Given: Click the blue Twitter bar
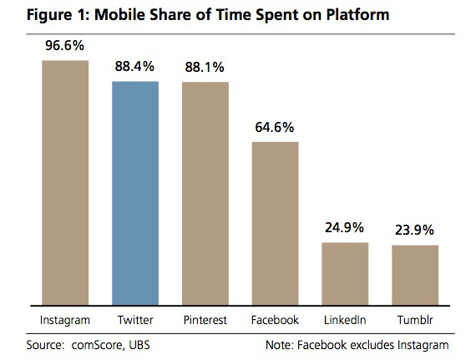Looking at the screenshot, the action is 135,193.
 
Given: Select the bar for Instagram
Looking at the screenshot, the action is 65,183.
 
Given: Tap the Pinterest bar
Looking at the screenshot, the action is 205,194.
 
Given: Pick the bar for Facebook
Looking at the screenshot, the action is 276,224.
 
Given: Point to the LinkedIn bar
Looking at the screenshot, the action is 345,274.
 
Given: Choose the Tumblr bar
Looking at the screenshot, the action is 415,276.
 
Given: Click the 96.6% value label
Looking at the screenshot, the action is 65,45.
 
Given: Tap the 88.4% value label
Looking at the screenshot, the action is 134,66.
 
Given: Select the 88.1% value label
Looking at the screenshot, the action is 205,67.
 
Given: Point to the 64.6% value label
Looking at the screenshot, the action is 275,127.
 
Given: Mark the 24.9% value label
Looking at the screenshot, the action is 344,228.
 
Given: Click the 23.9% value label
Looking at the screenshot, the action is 414,230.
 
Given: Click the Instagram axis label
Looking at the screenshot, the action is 65,321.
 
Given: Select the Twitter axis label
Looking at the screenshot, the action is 135,320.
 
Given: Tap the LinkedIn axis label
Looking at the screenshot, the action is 345,320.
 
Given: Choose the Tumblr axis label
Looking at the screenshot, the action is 415,320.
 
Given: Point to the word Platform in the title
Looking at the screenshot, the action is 357,14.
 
